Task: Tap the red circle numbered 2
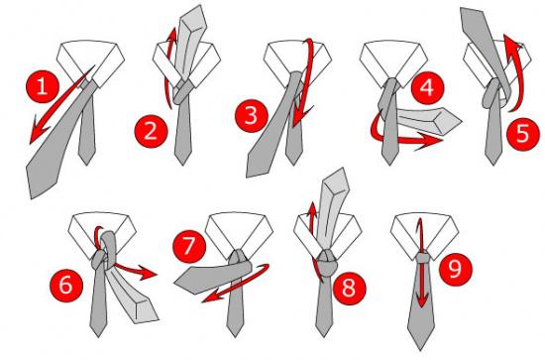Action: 151,128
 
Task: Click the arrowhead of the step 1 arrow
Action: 34,135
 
